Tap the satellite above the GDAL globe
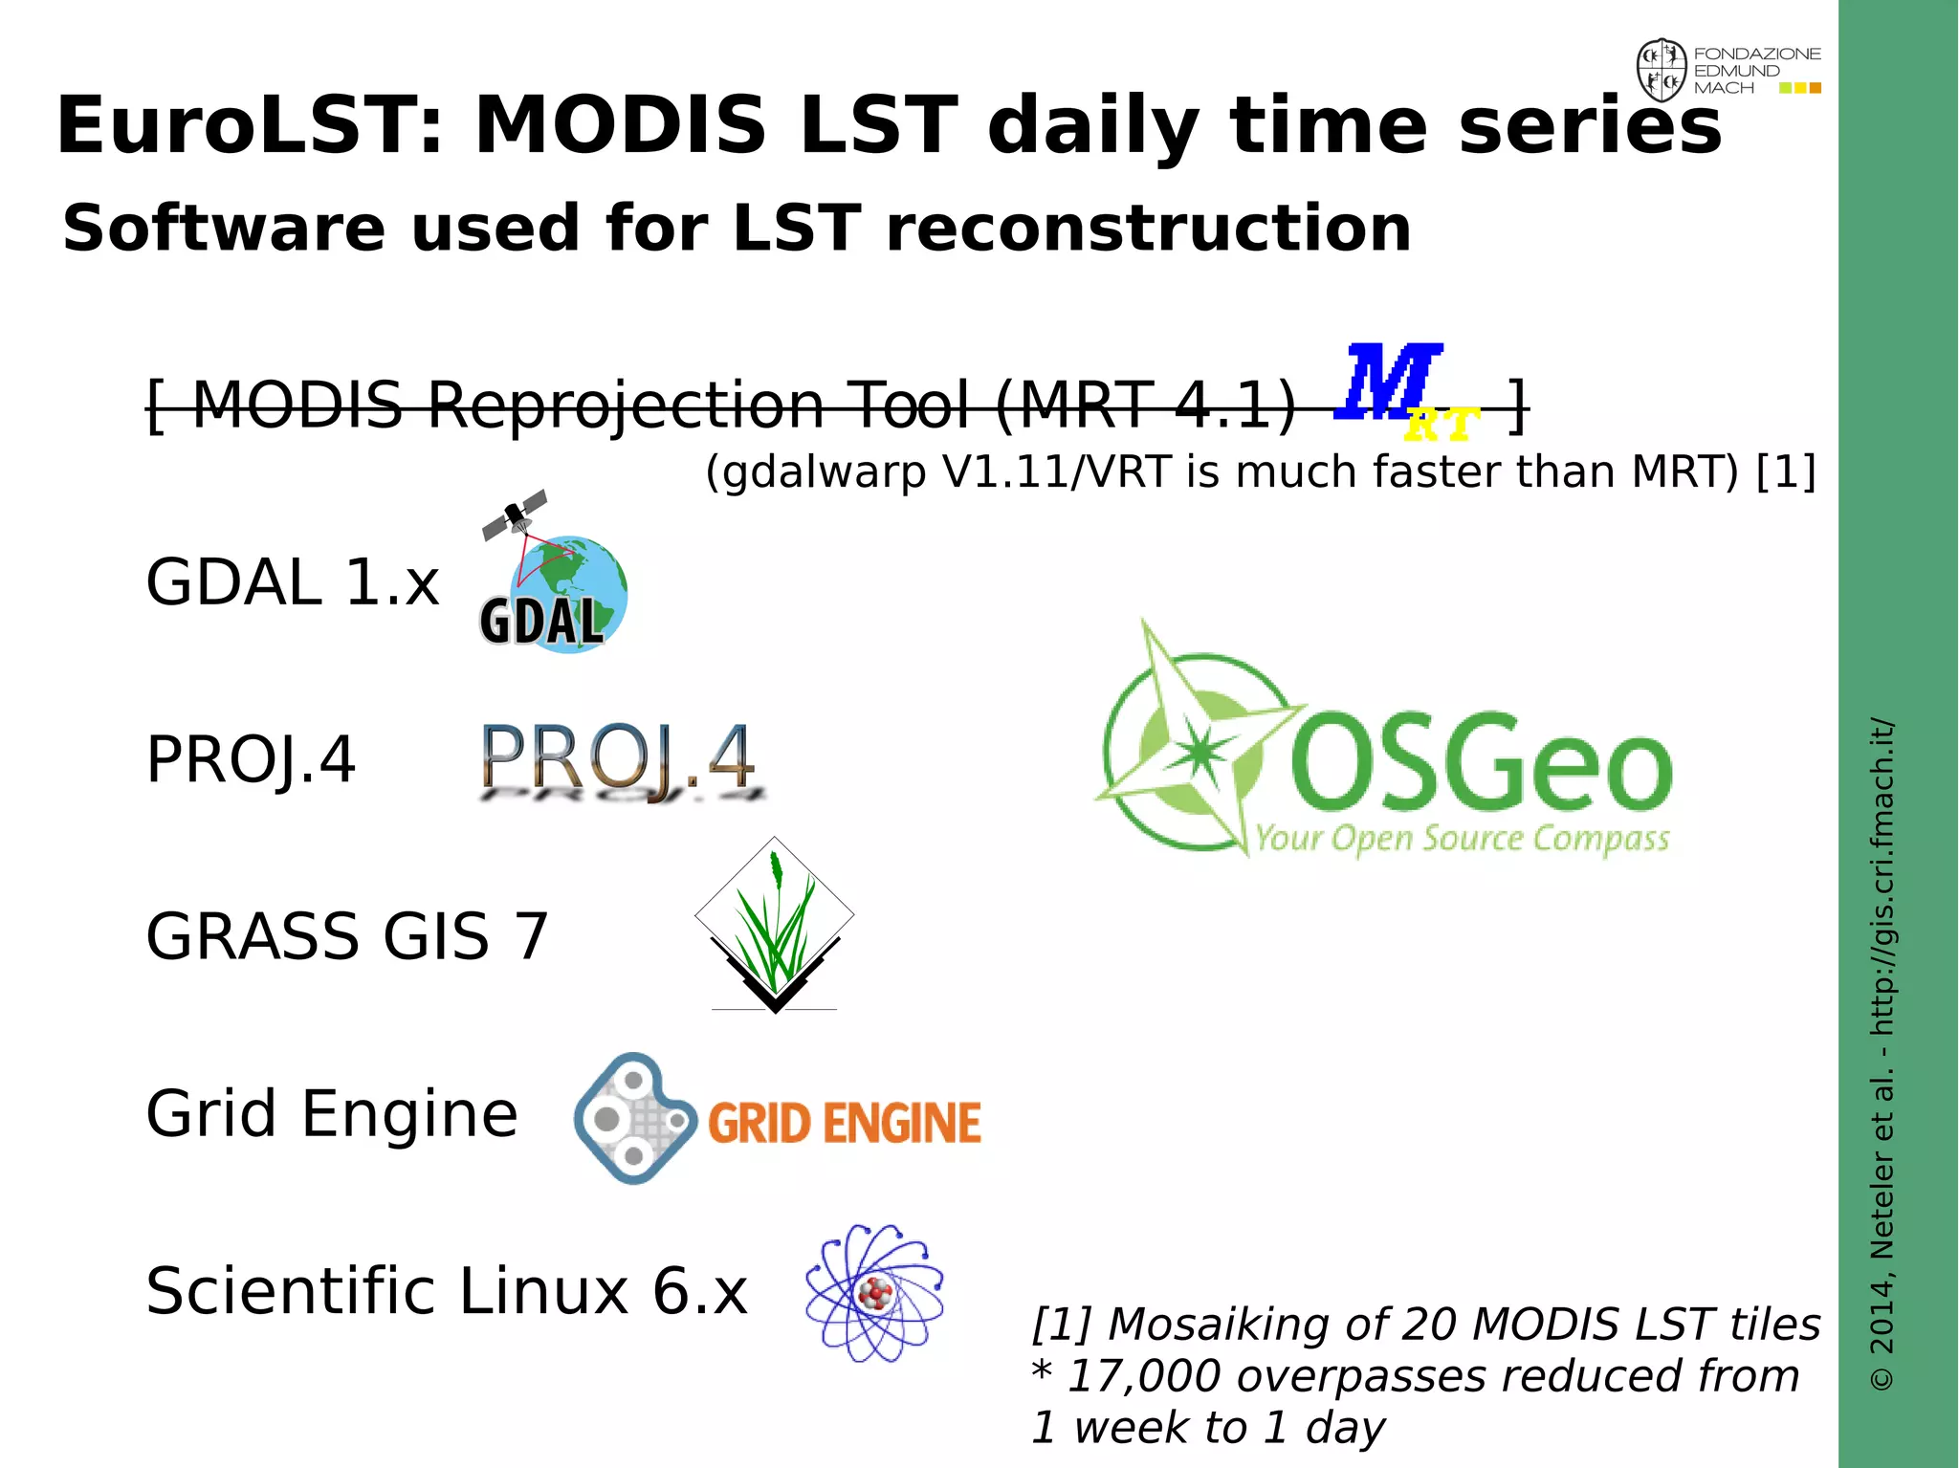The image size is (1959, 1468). point(515,515)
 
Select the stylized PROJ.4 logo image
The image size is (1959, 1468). point(620,761)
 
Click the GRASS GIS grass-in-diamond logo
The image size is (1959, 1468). point(775,923)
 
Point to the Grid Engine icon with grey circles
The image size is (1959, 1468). point(633,1118)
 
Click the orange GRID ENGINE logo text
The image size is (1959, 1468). point(845,1123)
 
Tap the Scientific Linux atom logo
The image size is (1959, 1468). point(874,1293)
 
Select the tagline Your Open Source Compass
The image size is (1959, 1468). point(1462,839)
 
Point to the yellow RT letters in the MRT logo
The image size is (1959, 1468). point(1442,424)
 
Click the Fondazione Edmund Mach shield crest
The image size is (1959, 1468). point(1662,70)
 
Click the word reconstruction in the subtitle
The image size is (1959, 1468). point(1148,229)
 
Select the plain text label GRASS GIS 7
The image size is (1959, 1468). point(347,936)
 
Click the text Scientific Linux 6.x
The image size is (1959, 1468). point(446,1291)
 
